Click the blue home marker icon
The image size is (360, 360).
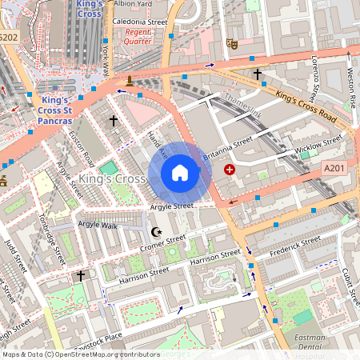click(180, 173)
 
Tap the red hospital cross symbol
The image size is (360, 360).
click(230, 170)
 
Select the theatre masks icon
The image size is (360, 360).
click(232, 44)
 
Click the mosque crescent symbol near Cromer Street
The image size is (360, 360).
click(156, 232)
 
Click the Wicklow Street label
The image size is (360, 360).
click(318, 145)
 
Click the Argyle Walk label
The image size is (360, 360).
click(98, 225)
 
